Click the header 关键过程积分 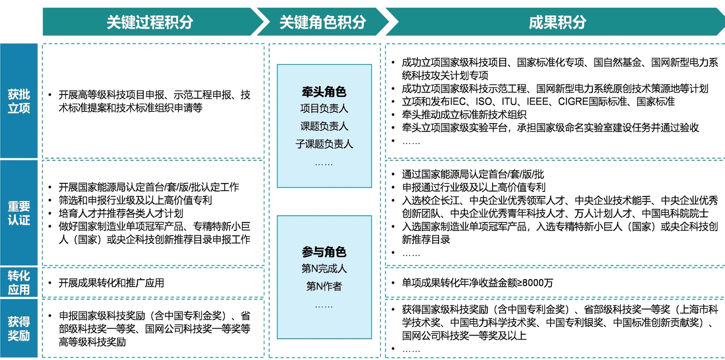[150, 22]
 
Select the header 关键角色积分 [323, 22]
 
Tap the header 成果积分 [557, 22]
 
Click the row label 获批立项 [19, 101]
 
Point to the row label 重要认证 [19, 213]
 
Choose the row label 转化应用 [19, 283]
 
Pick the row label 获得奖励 [19, 329]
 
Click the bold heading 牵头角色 [324, 92]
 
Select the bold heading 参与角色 [324, 252]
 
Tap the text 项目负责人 [324, 109]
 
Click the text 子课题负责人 [324, 144]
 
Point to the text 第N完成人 [324, 269]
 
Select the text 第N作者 [324, 286]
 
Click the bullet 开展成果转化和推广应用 [111, 283]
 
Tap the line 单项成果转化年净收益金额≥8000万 [477, 283]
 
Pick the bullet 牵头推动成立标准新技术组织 [464, 115]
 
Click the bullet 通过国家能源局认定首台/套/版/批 [473, 174]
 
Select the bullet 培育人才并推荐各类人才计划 [121, 213]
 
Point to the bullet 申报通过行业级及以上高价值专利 [474, 187]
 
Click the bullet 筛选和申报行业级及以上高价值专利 [135, 200]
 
